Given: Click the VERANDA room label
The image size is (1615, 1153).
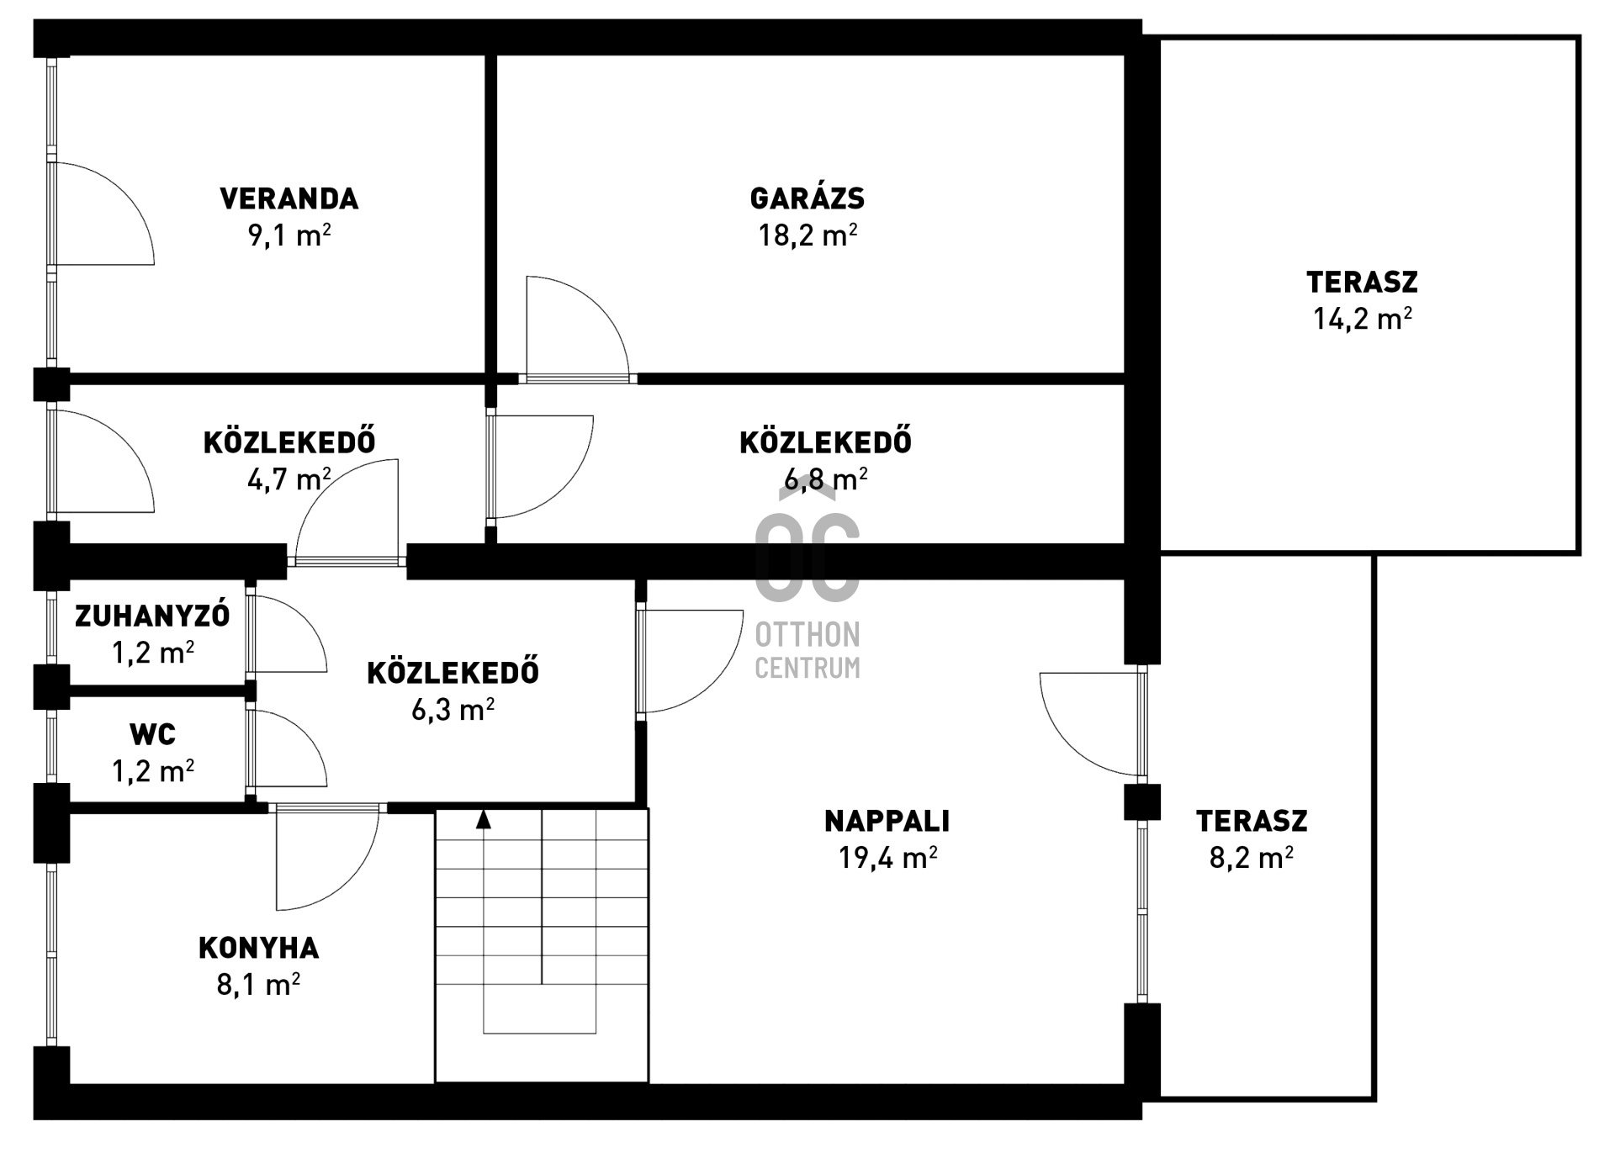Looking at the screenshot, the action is pyautogui.click(x=289, y=198).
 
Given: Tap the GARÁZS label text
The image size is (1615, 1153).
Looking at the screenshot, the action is pyautogui.click(x=807, y=198).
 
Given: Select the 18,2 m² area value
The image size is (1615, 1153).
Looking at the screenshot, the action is pyautogui.click(x=807, y=235).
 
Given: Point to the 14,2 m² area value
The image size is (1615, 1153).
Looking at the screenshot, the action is pyautogui.click(x=1363, y=319).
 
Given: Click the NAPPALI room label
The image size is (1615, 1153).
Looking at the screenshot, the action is pyautogui.click(x=887, y=821).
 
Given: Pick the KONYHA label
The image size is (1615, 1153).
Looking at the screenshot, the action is pyautogui.click(x=259, y=948).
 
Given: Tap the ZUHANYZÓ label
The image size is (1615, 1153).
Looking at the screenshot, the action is pyautogui.click(x=152, y=616).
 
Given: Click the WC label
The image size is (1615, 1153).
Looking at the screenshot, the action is pyautogui.click(x=153, y=734).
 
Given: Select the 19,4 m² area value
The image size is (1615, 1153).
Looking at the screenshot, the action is pyautogui.click(x=887, y=858).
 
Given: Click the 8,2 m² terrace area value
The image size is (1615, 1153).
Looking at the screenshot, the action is pyautogui.click(x=1252, y=858).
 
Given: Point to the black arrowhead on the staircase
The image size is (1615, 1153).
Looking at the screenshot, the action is pyautogui.click(x=484, y=819).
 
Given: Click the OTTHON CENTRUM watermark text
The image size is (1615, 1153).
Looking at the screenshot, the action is pyautogui.click(x=807, y=650).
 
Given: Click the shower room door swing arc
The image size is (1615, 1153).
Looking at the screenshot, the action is pyautogui.click(x=305, y=617).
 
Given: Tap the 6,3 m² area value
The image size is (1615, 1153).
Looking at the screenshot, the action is pyautogui.click(x=453, y=711).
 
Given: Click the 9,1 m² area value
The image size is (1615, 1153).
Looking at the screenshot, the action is pyautogui.click(x=289, y=235).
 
